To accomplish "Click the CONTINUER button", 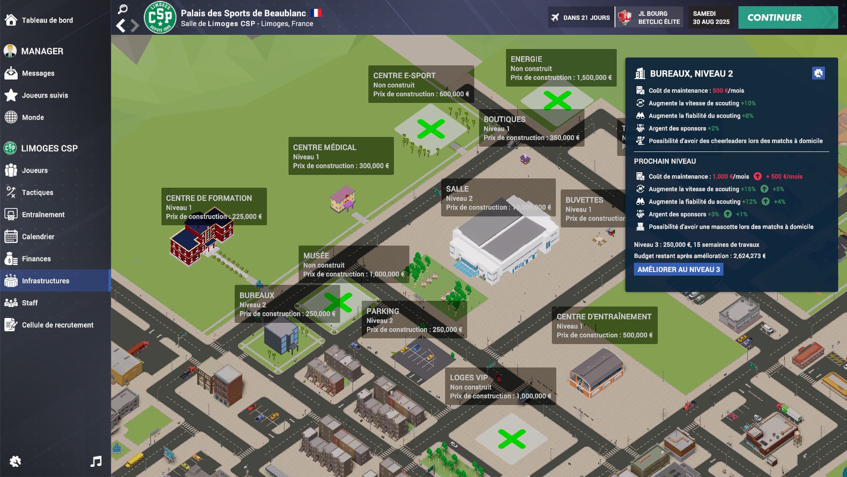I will click(787, 18).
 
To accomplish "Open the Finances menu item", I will click(36, 259).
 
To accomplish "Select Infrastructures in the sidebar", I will click(45, 281).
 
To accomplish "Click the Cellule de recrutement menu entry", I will click(57, 325).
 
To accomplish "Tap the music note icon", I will click(96, 462).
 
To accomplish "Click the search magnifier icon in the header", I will click(123, 9).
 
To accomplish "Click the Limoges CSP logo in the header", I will click(160, 18).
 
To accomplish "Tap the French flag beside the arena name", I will click(316, 13).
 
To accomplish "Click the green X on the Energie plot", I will click(558, 101).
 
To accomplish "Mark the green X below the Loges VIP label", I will click(512, 439).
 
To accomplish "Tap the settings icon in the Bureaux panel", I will click(818, 73).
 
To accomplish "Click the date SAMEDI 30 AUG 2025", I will click(711, 18).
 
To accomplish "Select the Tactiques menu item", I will click(37, 193).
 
